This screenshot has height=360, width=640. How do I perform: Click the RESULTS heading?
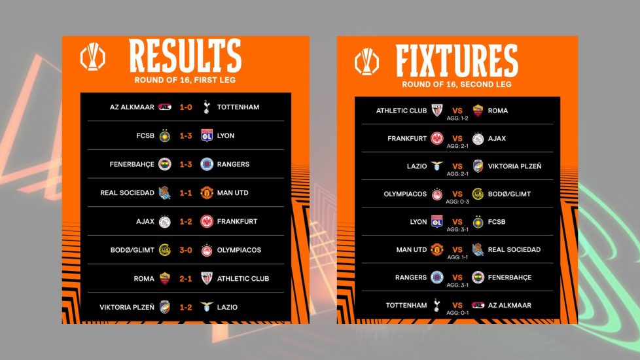tap(185, 56)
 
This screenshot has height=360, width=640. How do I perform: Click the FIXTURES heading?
tap(457, 61)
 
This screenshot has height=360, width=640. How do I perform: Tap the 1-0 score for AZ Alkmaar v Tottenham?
tap(186, 107)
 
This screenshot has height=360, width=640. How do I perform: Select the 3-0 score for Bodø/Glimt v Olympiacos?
tap(186, 250)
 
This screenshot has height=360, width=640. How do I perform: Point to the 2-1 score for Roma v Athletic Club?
tap(186, 278)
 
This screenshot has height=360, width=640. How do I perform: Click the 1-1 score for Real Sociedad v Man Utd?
tap(186, 192)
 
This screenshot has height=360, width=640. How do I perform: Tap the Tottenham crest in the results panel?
tap(207, 107)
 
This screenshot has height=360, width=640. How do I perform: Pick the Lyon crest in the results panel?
tap(207, 135)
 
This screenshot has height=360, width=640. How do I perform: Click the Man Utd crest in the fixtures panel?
tap(436, 249)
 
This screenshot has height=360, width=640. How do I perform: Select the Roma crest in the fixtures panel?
tap(478, 111)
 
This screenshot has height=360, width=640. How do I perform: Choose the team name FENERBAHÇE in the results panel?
tap(132, 164)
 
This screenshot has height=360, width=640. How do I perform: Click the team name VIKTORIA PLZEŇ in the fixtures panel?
tap(515, 166)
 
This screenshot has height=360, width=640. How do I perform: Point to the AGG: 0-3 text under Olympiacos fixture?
tap(457, 202)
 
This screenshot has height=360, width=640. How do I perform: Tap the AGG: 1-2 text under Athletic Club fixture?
tap(457, 118)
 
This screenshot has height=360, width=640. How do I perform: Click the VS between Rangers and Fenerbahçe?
tap(457, 277)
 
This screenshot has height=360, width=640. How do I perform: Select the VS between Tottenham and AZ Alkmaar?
tap(457, 305)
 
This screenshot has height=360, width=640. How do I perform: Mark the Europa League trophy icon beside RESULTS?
tap(93, 57)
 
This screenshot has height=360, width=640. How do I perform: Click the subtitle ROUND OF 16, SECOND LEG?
tap(456, 84)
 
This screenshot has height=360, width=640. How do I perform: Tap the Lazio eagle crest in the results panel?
tap(207, 306)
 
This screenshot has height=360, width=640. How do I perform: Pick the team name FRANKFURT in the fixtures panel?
tap(407, 138)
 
